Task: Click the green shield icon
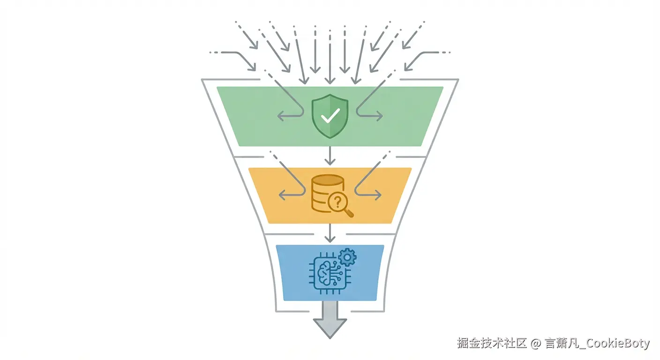pyautogui.click(x=330, y=116)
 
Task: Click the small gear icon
pyautogui.click(x=347, y=257)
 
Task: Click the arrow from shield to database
pyautogui.click(x=330, y=155)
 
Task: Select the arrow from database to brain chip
pyautogui.click(x=330, y=233)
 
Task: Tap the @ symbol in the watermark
pyautogui.click(x=536, y=344)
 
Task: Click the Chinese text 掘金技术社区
pyautogui.click(x=492, y=344)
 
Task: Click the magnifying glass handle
pyautogui.click(x=349, y=213)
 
